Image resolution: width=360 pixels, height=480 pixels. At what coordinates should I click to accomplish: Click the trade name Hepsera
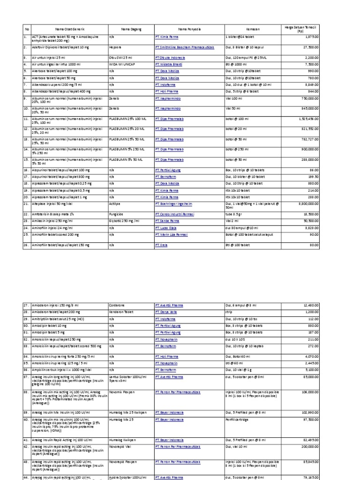click(x=114, y=47)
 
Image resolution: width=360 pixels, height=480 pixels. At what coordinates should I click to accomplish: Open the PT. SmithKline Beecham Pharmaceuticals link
click(x=184, y=47)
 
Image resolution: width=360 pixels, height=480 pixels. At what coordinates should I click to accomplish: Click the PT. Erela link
click(x=161, y=245)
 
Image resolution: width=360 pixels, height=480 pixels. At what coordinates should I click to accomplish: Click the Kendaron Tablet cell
click(x=120, y=311)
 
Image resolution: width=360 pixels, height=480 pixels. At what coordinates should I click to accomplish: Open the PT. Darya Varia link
click(x=166, y=311)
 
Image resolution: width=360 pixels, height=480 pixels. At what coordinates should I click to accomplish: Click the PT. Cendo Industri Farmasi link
click(x=176, y=213)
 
